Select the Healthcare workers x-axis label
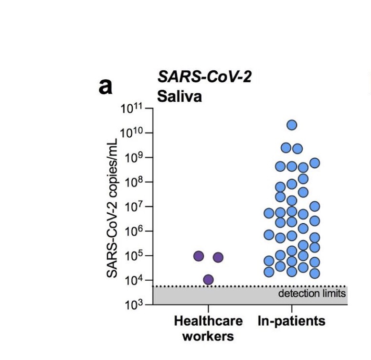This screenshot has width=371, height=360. coord(208,328)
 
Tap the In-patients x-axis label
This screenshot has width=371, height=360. coord(291,321)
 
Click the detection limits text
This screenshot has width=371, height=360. coord(312,293)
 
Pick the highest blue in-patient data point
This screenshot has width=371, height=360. coord(292,125)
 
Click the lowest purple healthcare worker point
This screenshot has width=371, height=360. coord(208,279)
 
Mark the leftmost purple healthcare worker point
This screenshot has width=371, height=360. coord(199,256)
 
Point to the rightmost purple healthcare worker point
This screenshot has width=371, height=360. coord(218,257)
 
